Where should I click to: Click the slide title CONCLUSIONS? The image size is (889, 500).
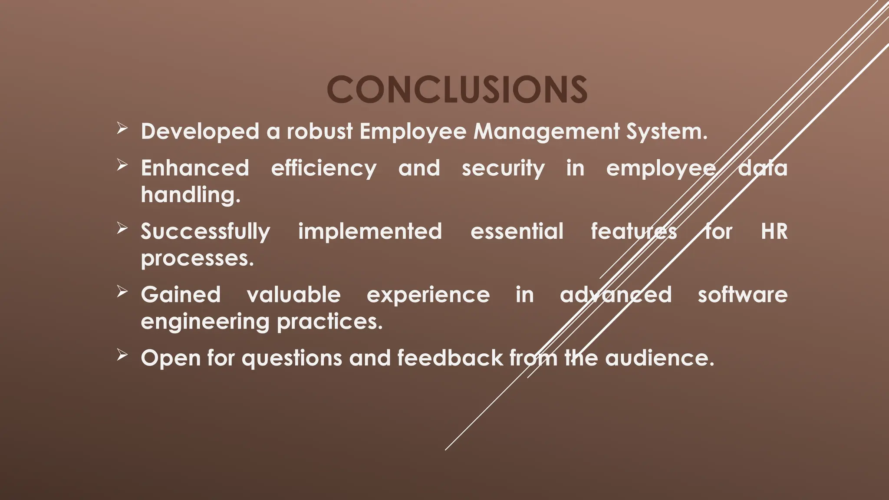pyautogui.click(x=457, y=89)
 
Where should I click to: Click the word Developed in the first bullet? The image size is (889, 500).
pyautogui.click(x=200, y=132)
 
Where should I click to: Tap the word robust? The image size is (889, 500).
pyautogui.click(x=319, y=132)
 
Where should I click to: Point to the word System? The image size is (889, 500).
pyautogui.click(x=666, y=132)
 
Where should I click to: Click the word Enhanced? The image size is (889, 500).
pyautogui.click(x=195, y=168)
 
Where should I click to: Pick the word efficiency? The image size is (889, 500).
pyautogui.click(x=324, y=168)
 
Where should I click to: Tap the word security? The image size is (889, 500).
pyautogui.click(x=503, y=168)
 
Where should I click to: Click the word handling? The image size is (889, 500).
pyautogui.click(x=190, y=195)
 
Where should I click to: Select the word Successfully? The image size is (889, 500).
pyautogui.click(x=205, y=232)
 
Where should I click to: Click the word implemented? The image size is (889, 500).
pyautogui.click(x=370, y=231)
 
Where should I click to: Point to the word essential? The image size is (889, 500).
pyautogui.click(x=517, y=231)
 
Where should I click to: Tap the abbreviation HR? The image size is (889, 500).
pyautogui.click(x=774, y=231)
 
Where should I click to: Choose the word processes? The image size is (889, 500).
pyautogui.click(x=197, y=259)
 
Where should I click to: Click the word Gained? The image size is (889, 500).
pyautogui.click(x=181, y=295)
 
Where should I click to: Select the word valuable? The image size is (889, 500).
pyautogui.click(x=294, y=295)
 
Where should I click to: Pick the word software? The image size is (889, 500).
pyautogui.click(x=743, y=295)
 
